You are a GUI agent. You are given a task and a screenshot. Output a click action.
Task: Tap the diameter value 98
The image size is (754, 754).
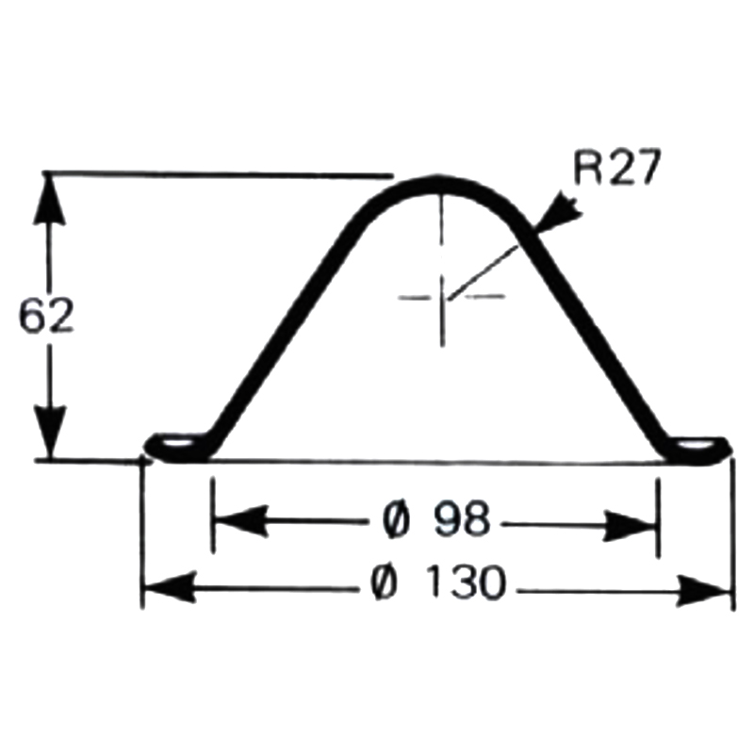pos(461,520)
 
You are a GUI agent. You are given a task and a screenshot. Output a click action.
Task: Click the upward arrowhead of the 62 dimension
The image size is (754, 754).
pos(52,198)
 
